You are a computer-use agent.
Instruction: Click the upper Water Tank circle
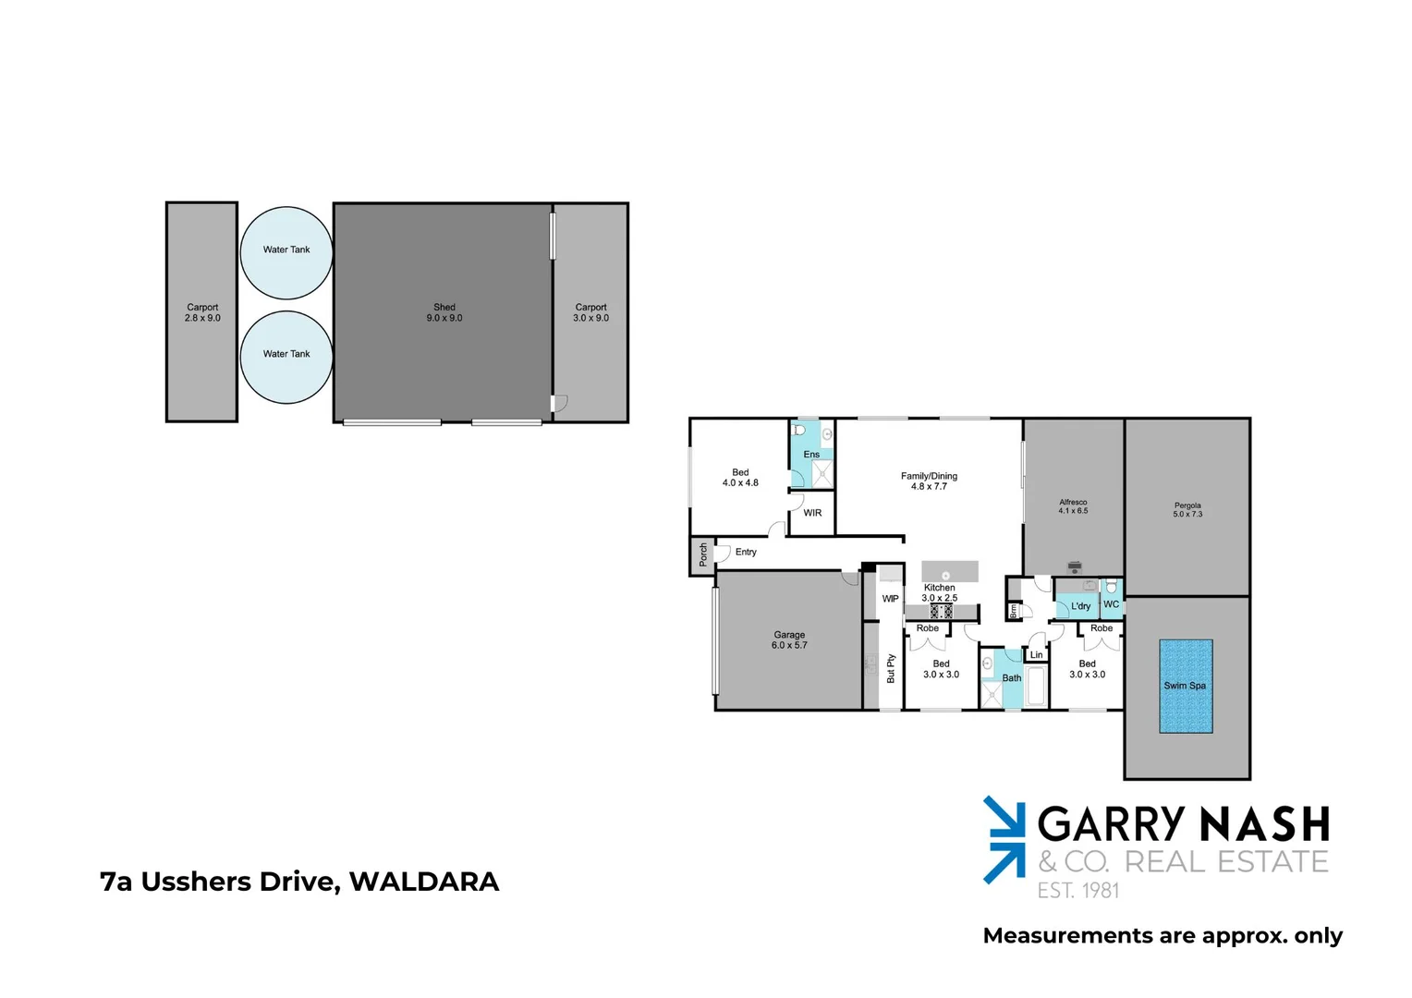pyautogui.click(x=286, y=252)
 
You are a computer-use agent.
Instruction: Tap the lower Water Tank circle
pyautogui.click(x=286, y=357)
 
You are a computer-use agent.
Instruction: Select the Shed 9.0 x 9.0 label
pyautogui.click(x=444, y=312)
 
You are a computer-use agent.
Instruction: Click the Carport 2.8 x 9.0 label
pyautogui.click(x=202, y=312)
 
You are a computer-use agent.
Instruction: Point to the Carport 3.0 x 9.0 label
pyautogui.click(x=591, y=312)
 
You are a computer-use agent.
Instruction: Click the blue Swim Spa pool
pyautogui.click(x=1186, y=686)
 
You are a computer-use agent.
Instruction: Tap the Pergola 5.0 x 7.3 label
pyautogui.click(x=1187, y=510)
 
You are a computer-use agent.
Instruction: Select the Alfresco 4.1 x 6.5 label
pyautogui.click(x=1073, y=506)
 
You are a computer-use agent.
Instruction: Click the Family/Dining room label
pyautogui.click(x=929, y=481)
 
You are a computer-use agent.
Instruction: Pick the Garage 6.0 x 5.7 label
pyautogui.click(x=789, y=639)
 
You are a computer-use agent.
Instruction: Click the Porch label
pyautogui.click(x=703, y=554)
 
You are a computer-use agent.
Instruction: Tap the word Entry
pyautogui.click(x=746, y=552)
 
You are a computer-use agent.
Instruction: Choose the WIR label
pyautogui.click(x=812, y=513)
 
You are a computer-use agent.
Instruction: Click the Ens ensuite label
pyautogui.click(x=811, y=455)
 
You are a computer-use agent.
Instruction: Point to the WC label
pyautogui.click(x=1111, y=604)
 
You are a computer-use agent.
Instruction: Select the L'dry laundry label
pyautogui.click(x=1080, y=606)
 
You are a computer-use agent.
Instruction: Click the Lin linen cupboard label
pyautogui.click(x=1036, y=655)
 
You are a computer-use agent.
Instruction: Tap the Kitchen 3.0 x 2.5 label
pyautogui.click(x=940, y=592)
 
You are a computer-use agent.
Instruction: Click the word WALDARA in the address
pyautogui.click(x=424, y=882)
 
